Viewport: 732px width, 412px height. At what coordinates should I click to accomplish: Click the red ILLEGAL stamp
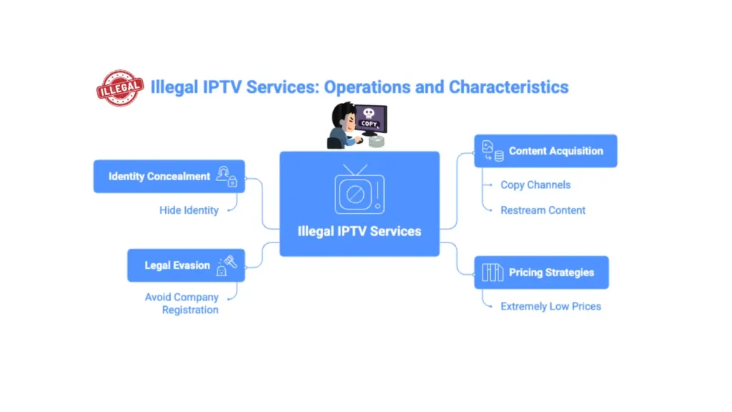point(119,88)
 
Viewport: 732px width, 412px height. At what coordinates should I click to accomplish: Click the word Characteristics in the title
point(508,87)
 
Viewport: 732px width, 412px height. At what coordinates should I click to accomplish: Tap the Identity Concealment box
point(169,176)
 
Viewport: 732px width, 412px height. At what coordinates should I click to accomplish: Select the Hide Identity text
point(189,210)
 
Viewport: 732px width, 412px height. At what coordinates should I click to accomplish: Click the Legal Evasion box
point(186,265)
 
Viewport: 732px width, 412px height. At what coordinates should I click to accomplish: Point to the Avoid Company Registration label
point(182,303)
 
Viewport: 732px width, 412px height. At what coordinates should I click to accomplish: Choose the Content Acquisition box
point(545,151)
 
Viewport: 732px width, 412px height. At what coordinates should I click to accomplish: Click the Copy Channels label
point(535,185)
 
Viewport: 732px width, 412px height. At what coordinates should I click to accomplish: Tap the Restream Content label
point(543,210)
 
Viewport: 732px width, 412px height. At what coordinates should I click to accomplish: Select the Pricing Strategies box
point(541,273)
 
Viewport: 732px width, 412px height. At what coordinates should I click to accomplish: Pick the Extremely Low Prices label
point(550,306)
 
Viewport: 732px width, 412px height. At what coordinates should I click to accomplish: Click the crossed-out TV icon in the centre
point(359,190)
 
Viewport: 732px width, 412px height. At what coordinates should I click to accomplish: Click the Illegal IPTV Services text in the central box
point(359,231)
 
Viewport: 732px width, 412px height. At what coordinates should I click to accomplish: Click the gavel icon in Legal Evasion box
point(229,261)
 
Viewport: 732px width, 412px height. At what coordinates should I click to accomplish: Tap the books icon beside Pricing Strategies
point(492,273)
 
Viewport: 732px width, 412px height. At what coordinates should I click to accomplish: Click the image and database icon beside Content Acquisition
point(492,151)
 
